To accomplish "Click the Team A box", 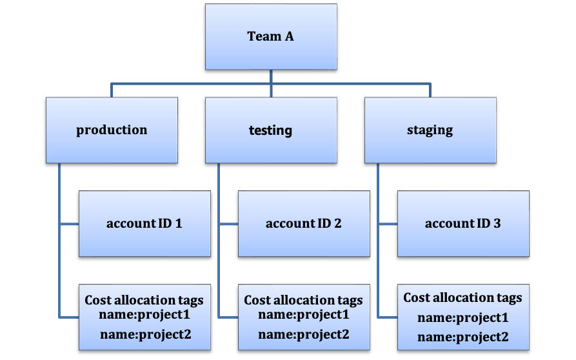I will point(271,37).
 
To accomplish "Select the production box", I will point(112,130).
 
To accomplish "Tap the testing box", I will point(271,130).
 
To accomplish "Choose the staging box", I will point(430,130).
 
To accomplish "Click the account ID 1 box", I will point(144,224).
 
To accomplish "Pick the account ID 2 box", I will point(303,224).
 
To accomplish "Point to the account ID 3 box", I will point(462,224).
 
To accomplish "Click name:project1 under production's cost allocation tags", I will point(144,315).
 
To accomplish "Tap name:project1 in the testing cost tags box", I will point(303,315).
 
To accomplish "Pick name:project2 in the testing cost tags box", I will point(303,334).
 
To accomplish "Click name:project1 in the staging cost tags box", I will point(462,317).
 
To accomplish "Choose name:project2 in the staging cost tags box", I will point(462,337).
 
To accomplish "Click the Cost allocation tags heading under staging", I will point(462,297).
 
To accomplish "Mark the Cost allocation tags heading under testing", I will point(303,300).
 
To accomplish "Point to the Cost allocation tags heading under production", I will point(144,300).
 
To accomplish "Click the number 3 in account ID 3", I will point(497,224).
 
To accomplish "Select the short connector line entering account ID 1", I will point(69,225).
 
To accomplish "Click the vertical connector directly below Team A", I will point(271,76).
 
